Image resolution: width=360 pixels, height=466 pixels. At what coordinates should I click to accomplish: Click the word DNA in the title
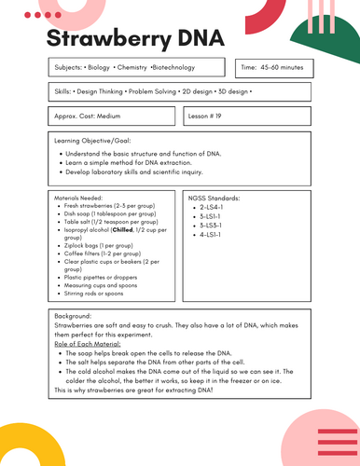click(215, 39)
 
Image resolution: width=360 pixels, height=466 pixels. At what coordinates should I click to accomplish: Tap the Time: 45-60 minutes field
click(275, 68)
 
